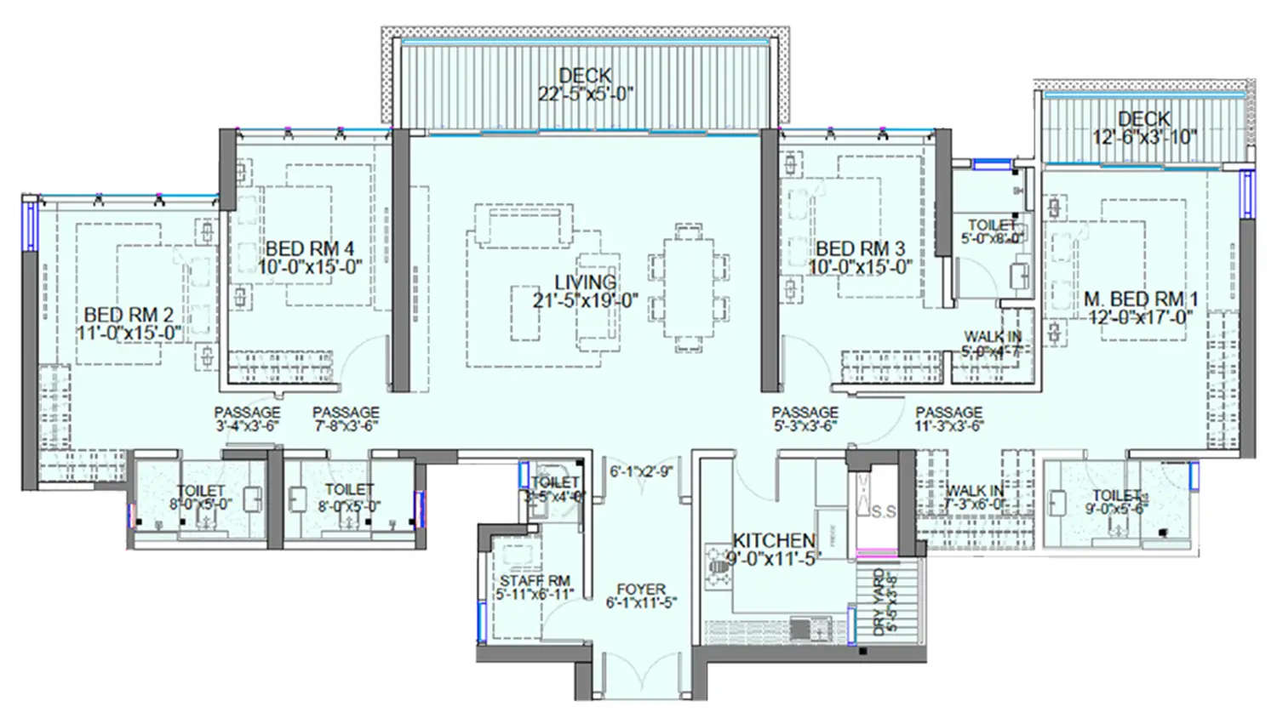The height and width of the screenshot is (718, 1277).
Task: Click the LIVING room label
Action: tap(585, 282)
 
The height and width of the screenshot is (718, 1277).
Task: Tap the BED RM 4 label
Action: tap(309, 248)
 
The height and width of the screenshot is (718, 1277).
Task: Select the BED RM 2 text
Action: tap(129, 316)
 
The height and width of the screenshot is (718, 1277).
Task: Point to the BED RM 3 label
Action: tap(860, 248)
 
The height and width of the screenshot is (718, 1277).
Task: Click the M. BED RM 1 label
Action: tap(1140, 299)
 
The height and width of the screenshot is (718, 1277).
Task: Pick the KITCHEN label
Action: tap(774, 540)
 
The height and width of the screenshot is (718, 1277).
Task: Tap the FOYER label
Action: tap(641, 589)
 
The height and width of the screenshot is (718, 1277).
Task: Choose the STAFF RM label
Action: tap(535, 580)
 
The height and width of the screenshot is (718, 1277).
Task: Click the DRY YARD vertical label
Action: tap(879, 602)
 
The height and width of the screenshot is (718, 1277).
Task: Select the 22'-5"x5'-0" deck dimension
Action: tap(585, 94)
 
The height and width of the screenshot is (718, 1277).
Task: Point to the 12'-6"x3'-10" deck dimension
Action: tap(1144, 137)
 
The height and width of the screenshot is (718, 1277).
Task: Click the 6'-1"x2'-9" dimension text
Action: tap(641, 471)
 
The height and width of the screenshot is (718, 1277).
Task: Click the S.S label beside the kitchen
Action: tap(884, 512)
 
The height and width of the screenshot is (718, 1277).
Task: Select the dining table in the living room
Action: tap(689, 288)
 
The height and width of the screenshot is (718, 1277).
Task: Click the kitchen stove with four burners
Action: tap(717, 566)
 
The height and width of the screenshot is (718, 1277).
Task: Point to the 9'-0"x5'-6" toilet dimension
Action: tap(1117, 510)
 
